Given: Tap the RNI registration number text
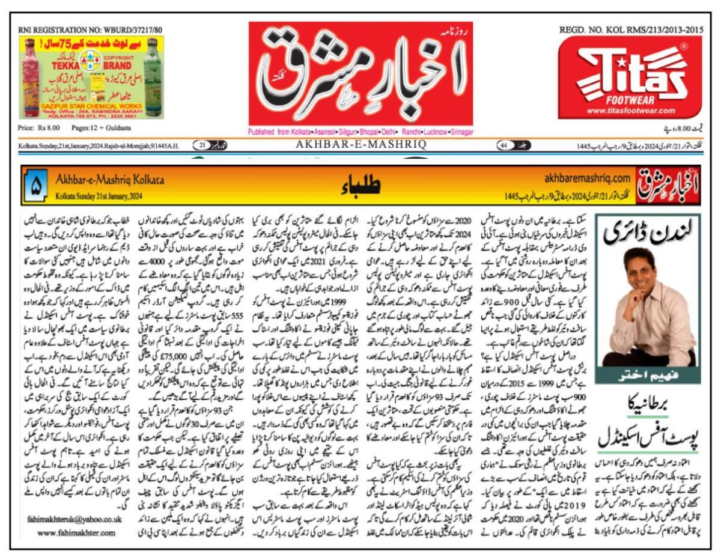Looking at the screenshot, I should tap(90, 29).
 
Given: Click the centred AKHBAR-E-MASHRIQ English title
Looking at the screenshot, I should tap(360, 145).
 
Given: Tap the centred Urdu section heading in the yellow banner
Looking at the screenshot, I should tap(361, 185).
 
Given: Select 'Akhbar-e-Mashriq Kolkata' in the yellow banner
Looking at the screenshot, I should tap(109, 179).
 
